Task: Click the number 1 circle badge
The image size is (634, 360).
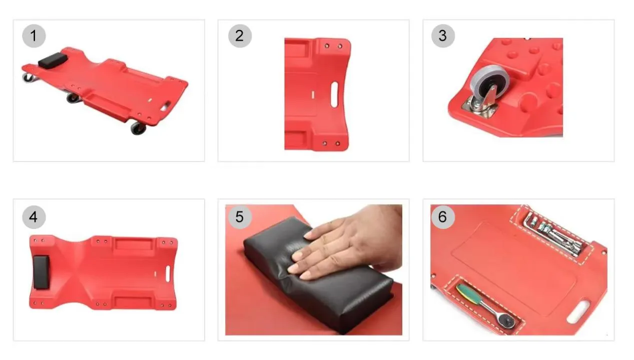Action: pyautogui.click(x=34, y=36)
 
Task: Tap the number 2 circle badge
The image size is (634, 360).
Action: pyautogui.click(x=240, y=36)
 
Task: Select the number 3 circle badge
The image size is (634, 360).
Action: pyautogui.click(x=443, y=36)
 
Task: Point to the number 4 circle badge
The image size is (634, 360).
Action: pyautogui.click(x=34, y=217)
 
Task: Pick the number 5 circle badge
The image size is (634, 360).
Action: pyautogui.click(x=240, y=217)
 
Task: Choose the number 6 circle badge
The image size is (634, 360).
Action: pyautogui.click(x=443, y=217)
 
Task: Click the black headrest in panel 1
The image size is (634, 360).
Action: pyautogui.click(x=53, y=59)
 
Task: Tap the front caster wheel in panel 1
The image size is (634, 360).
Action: pyautogui.click(x=139, y=128)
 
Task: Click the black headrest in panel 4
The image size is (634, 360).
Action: pyautogui.click(x=42, y=272)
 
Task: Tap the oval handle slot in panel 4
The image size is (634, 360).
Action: pyautogui.click(x=168, y=273)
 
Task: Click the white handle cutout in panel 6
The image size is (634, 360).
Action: pyautogui.click(x=579, y=312)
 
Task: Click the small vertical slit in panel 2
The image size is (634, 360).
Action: pyautogui.click(x=313, y=95)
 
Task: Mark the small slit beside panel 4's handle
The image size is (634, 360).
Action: pyautogui.click(x=155, y=274)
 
